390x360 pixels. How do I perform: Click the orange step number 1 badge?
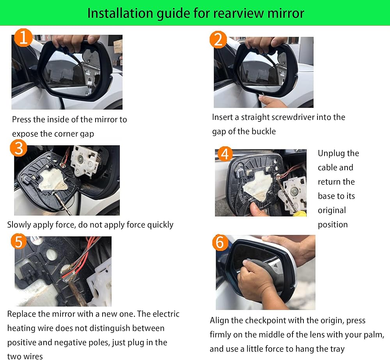click(x=23, y=37)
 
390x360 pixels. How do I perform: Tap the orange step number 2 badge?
click(x=218, y=39)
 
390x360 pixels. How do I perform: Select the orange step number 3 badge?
click(x=19, y=148)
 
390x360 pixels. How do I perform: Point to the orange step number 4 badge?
click(x=225, y=154)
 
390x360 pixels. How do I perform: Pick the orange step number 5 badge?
click(x=19, y=241)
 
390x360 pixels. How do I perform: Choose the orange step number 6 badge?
click(x=220, y=242)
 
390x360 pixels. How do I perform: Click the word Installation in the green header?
click(x=120, y=13)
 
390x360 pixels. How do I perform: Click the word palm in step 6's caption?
click(x=373, y=335)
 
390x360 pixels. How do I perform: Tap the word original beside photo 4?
click(x=332, y=210)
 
